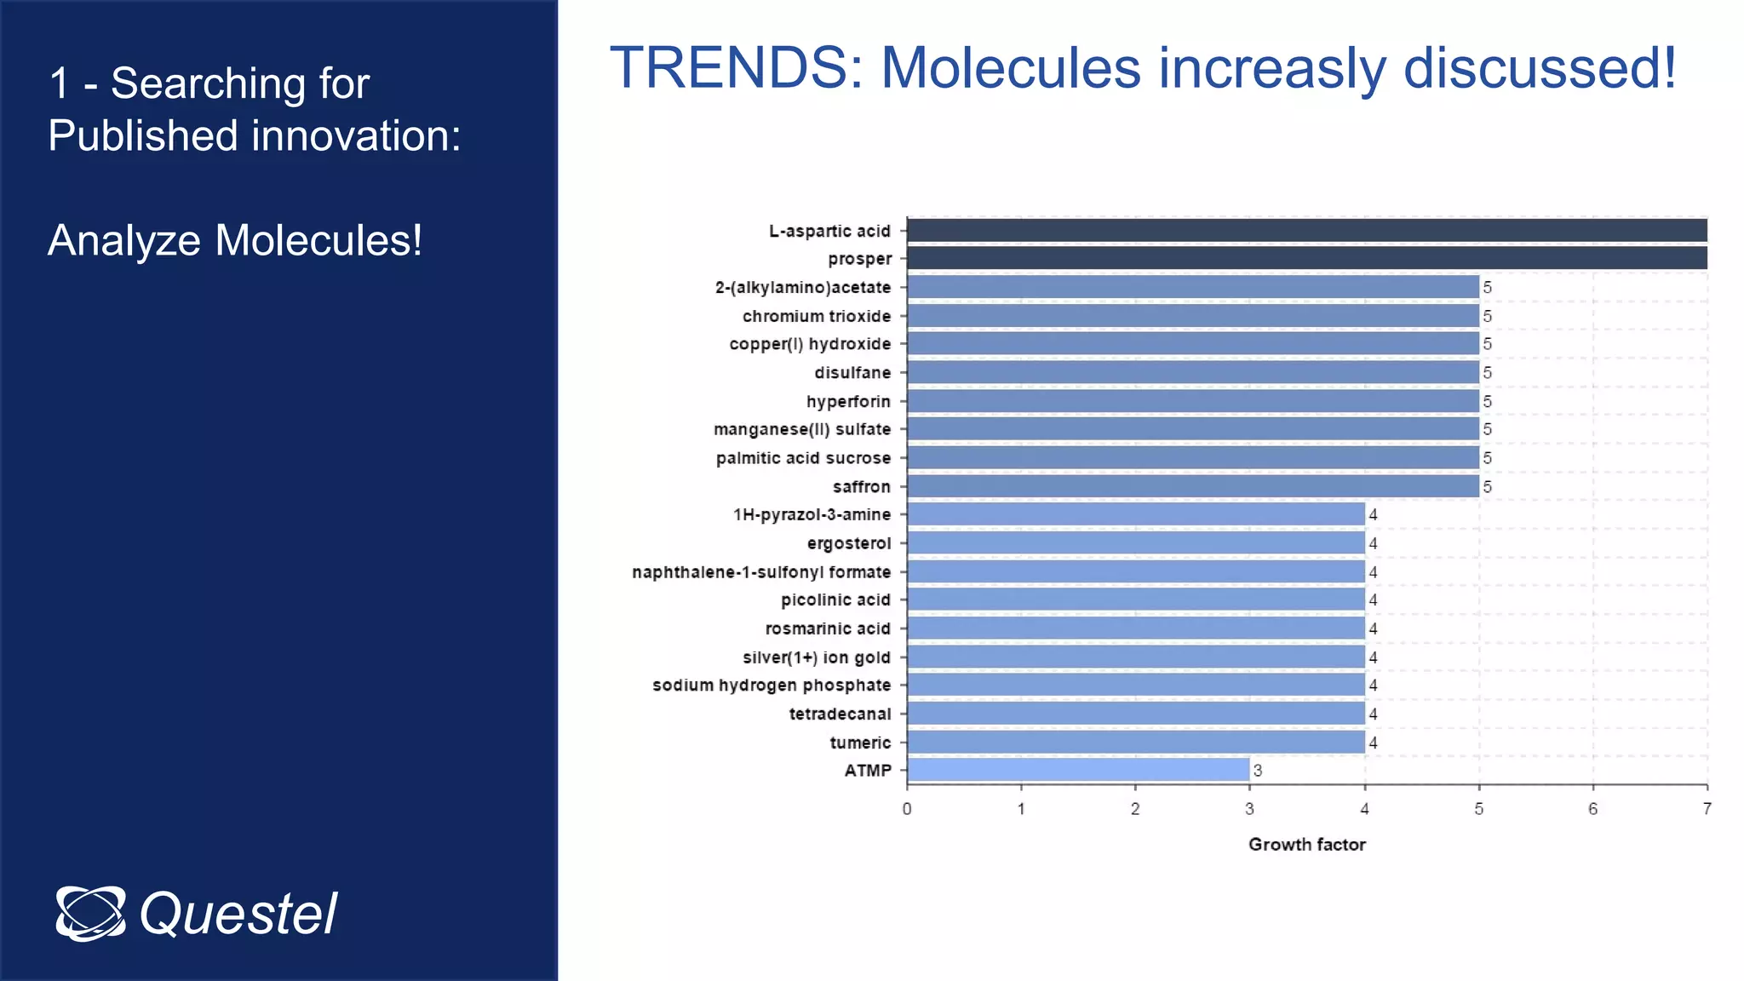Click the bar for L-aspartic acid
(x=1306, y=231)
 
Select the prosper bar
(x=1306, y=258)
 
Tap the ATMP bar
(x=1078, y=770)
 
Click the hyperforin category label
(x=848, y=401)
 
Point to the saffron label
(x=861, y=486)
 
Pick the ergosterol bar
(x=1136, y=542)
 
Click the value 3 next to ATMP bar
(x=1258, y=771)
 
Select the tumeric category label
(x=860, y=743)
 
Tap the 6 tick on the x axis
(x=1592, y=809)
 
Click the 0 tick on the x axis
(x=907, y=809)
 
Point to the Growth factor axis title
(x=1306, y=845)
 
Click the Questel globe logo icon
(x=90, y=913)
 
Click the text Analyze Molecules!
(x=235, y=240)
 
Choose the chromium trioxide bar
(x=1192, y=316)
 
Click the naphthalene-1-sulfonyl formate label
(x=761, y=572)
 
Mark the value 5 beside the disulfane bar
(x=1487, y=373)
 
